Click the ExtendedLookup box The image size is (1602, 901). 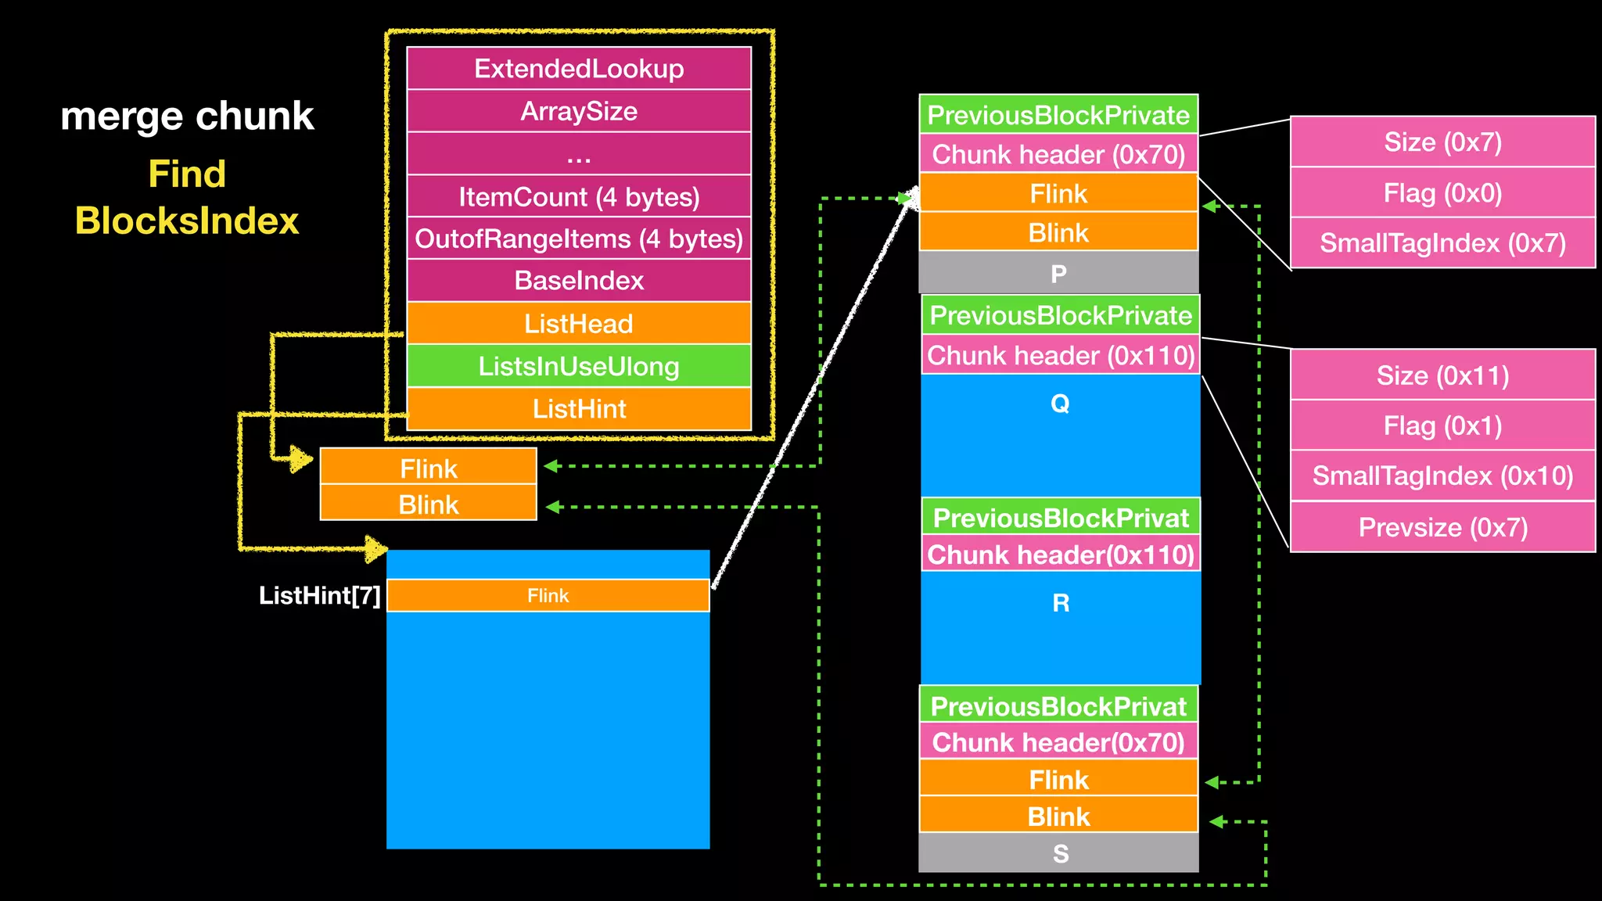(579, 69)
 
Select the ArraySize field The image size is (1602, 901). (579, 112)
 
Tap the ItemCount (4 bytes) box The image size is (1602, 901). (579, 197)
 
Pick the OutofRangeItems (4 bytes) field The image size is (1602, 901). (579, 239)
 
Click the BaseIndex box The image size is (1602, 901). (579, 281)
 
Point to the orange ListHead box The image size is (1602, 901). (579, 324)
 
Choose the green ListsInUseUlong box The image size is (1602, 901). (579, 366)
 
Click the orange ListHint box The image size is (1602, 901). (579, 409)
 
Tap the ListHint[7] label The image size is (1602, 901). (319, 596)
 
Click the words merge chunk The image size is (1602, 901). (187, 116)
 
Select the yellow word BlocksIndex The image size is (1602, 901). (187, 221)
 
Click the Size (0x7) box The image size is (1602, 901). (1442, 142)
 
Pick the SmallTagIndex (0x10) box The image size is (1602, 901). (1442, 476)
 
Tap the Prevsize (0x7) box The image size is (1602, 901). (1442, 527)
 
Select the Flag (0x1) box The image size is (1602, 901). (1442, 426)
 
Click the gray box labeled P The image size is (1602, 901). (1058, 274)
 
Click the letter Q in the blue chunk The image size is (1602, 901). (1060, 404)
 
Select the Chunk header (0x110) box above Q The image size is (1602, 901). (1061, 356)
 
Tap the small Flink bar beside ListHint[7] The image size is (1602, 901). (548, 596)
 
